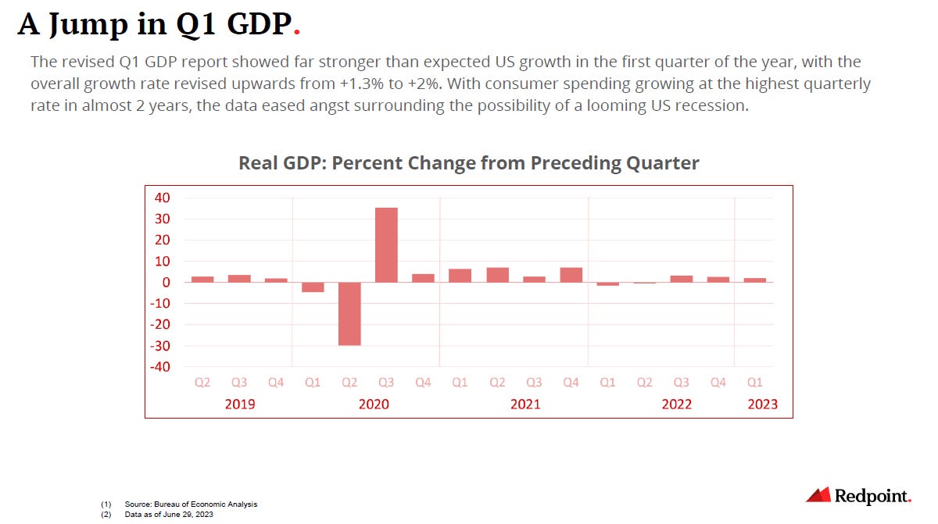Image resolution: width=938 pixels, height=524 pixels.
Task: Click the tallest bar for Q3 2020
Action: pyautogui.click(x=386, y=244)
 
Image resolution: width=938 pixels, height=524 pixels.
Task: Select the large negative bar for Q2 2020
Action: pyautogui.click(x=349, y=313)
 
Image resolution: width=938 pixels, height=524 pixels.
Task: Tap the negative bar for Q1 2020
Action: pyautogui.click(x=313, y=287)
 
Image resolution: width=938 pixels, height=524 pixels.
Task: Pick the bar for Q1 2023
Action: pyautogui.click(x=755, y=280)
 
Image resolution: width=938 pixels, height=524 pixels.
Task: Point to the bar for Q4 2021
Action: pyautogui.click(x=571, y=275)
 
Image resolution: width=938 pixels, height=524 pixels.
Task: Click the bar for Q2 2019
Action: pyautogui.click(x=202, y=279)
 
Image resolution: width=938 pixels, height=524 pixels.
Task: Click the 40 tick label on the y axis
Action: pyautogui.click(x=162, y=198)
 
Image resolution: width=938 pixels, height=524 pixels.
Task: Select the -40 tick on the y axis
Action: pyautogui.click(x=159, y=366)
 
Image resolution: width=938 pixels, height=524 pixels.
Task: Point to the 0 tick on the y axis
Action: pyautogui.click(x=166, y=283)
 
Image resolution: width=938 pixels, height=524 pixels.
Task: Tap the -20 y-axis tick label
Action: pyautogui.click(x=159, y=325)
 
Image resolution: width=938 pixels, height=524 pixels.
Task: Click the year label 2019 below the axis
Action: pyautogui.click(x=239, y=404)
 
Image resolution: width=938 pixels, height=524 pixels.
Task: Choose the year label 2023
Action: pyautogui.click(x=762, y=404)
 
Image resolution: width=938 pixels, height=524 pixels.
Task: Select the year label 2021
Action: pyautogui.click(x=524, y=404)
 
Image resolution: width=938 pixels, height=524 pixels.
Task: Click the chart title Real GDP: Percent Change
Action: pyautogui.click(x=469, y=163)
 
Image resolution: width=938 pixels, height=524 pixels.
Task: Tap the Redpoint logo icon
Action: pyautogui.click(x=818, y=494)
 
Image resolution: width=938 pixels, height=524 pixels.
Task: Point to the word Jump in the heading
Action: pyautogui.click(x=87, y=25)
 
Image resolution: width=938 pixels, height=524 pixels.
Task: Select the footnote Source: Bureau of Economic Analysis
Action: pyautogui.click(x=191, y=504)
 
